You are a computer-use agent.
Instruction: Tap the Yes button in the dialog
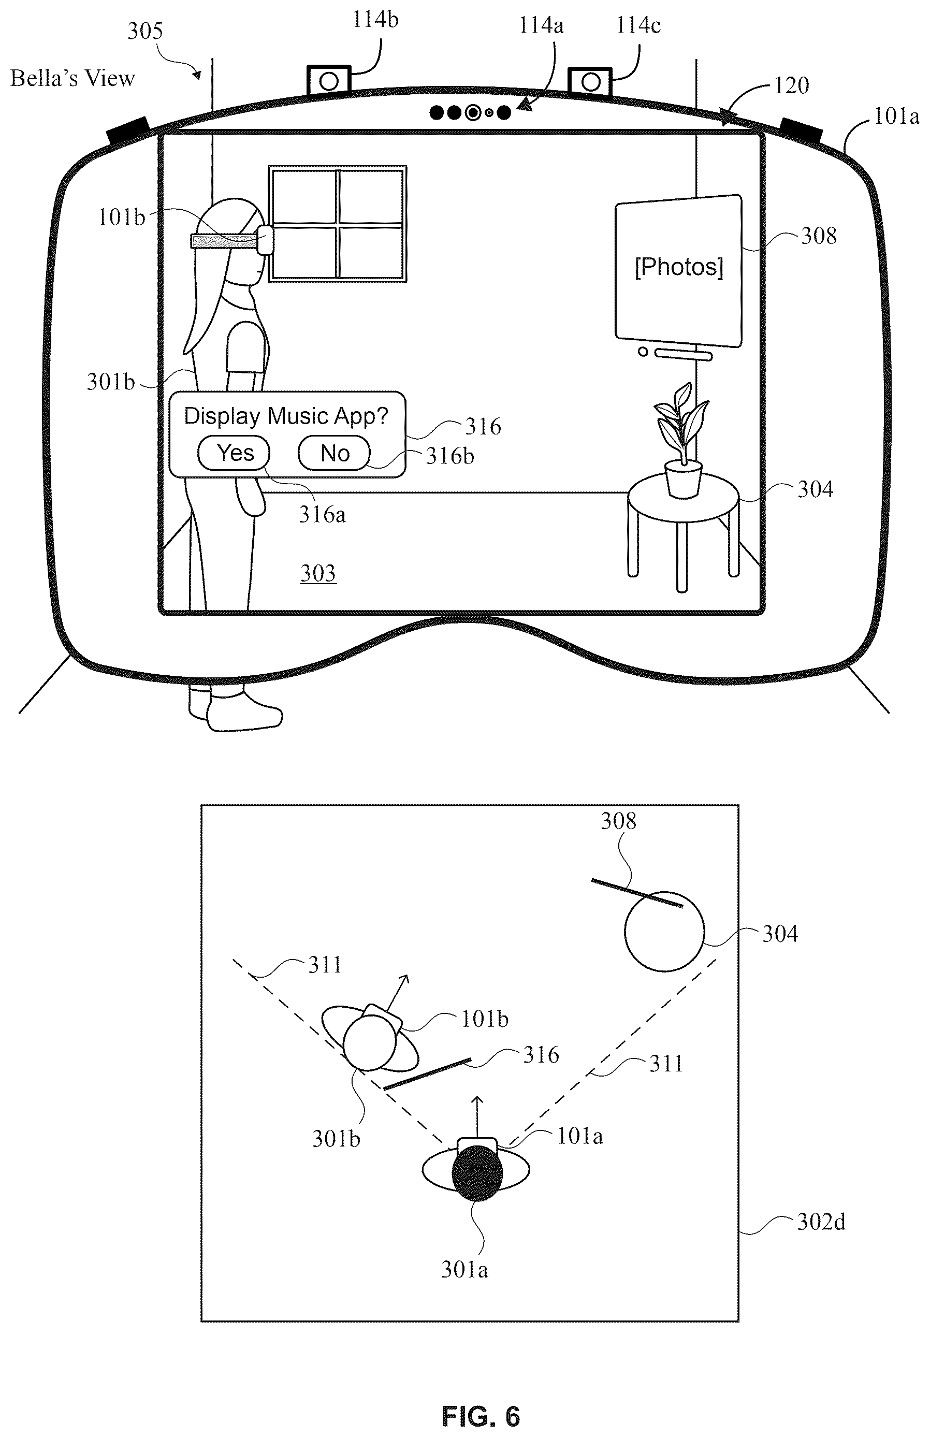tap(234, 453)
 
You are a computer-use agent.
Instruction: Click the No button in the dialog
tap(334, 453)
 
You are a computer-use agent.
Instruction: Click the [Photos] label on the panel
tap(679, 267)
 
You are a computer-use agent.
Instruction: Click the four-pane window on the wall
tap(338, 224)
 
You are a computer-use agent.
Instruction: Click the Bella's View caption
tap(72, 79)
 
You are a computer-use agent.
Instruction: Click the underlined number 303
tap(318, 573)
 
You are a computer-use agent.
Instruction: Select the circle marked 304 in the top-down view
tap(664, 932)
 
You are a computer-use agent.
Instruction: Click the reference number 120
tap(791, 86)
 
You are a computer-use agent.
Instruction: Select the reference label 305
tap(145, 32)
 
